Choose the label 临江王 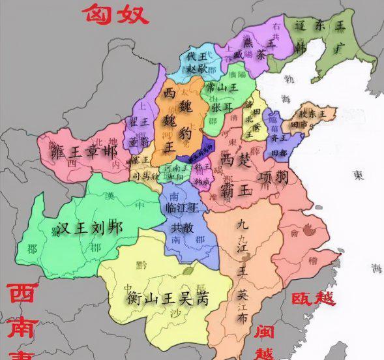pyautogui.click(x=183, y=207)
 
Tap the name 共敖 pyautogui.click(x=182, y=228)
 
